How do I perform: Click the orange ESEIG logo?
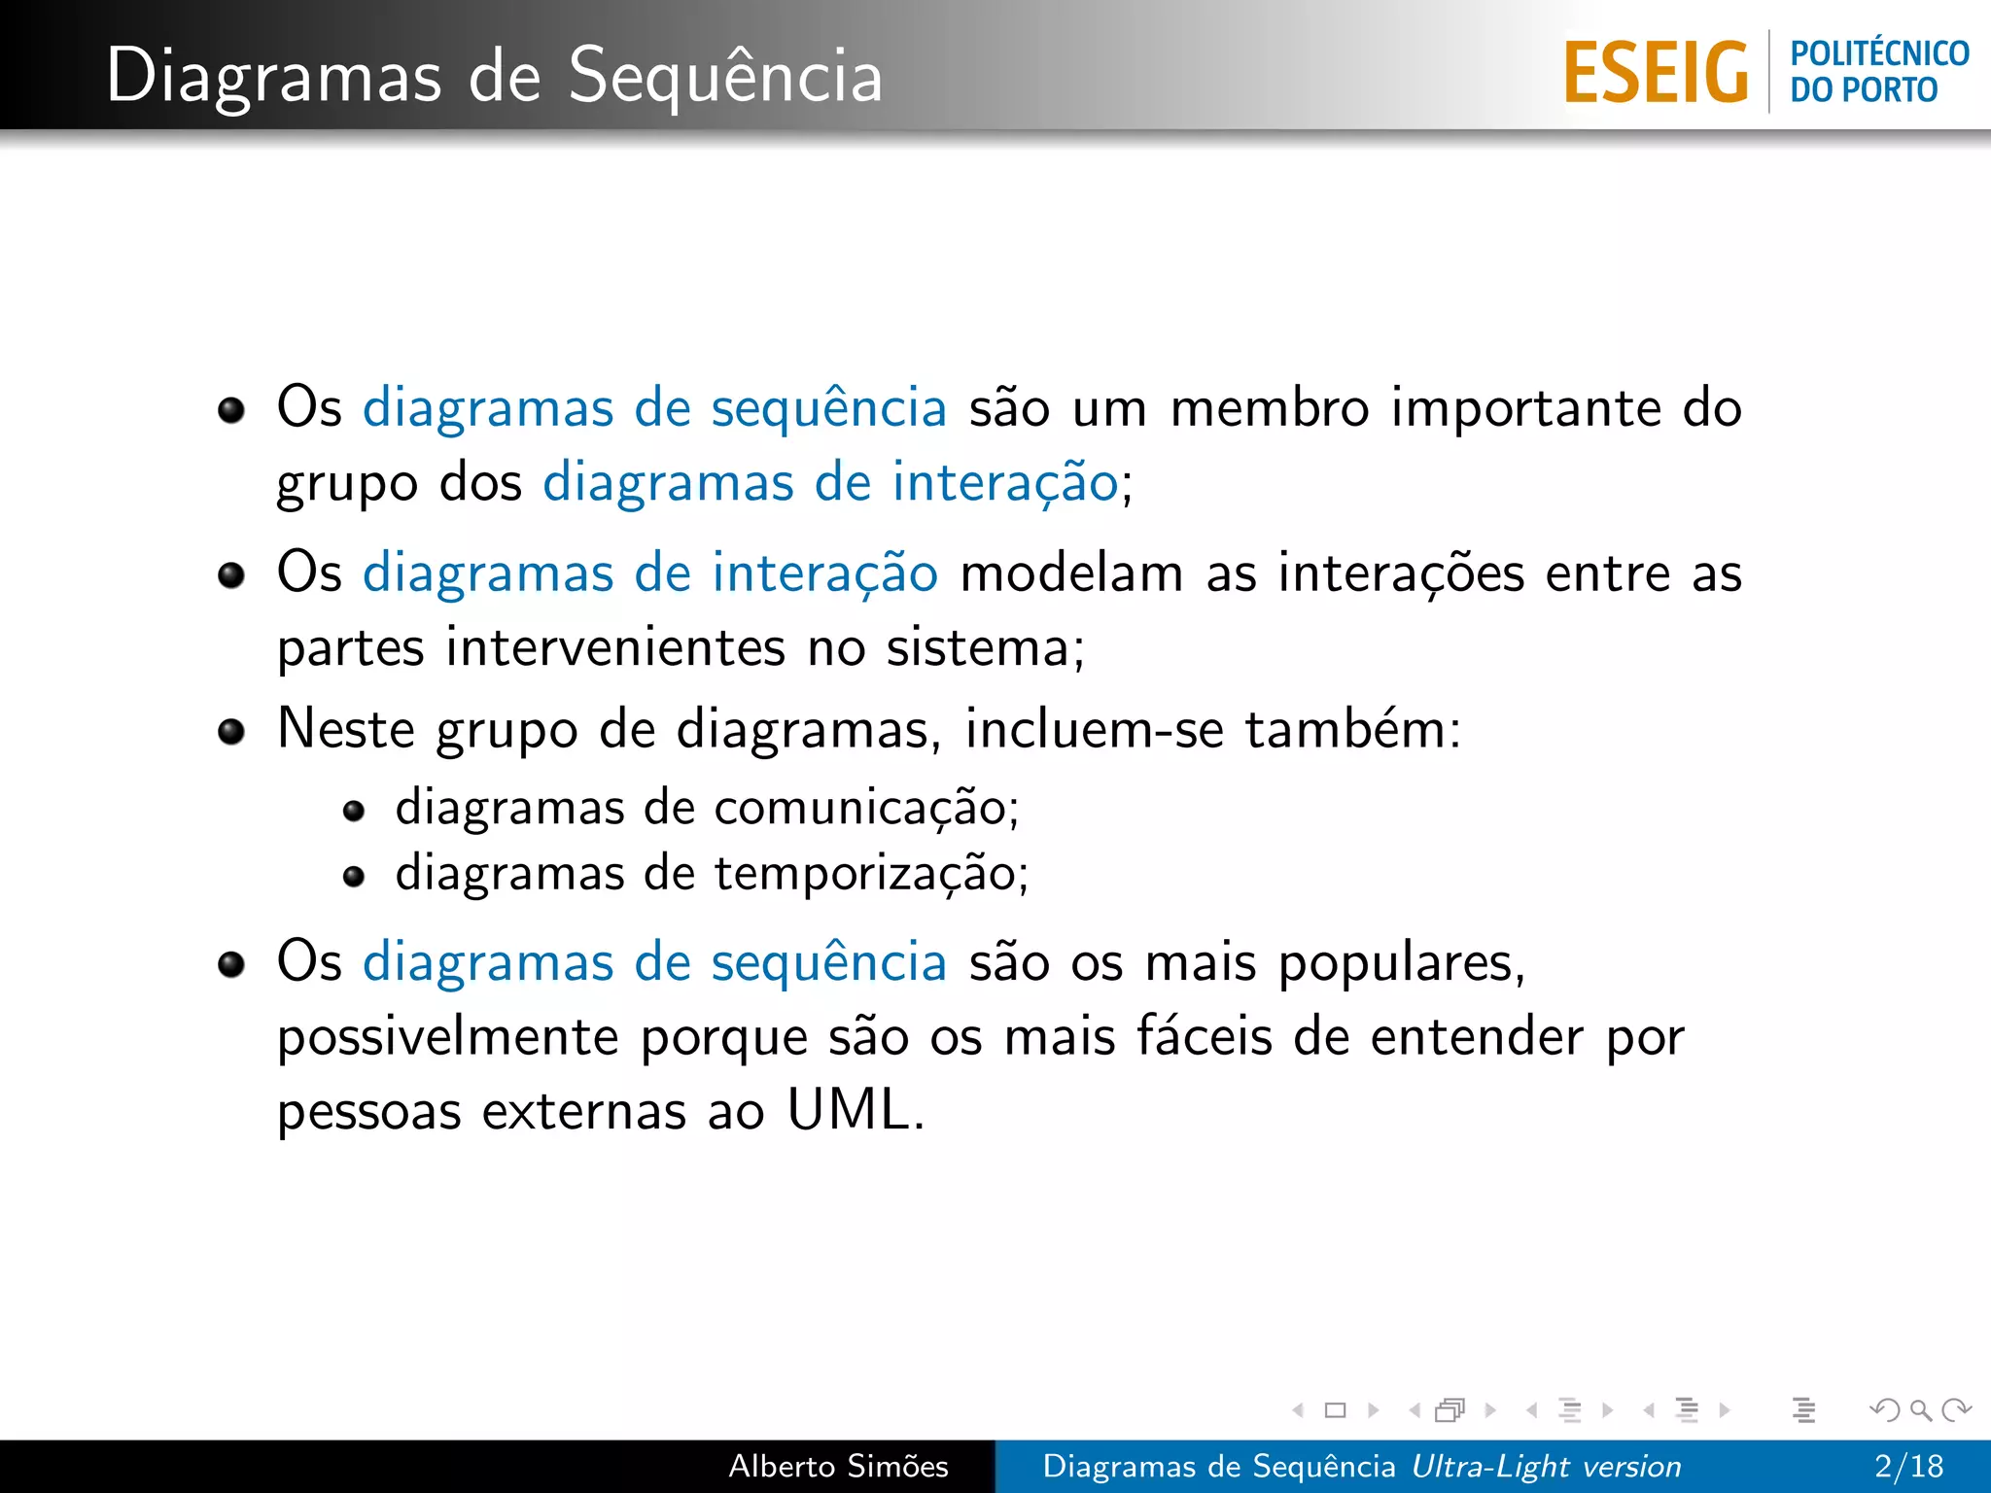[1656, 72]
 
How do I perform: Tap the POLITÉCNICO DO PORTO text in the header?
[1878, 72]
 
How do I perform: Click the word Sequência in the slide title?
[725, 76]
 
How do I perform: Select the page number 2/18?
[1908, 1466]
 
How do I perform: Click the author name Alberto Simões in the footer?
[838, 1466]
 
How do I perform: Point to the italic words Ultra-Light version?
[1546, 1466]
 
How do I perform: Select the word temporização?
[864, 873]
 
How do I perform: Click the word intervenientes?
[615, 647]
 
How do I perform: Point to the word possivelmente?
[448, 1038]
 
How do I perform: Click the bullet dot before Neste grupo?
[231, 731]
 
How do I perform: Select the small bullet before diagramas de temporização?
[354, 877]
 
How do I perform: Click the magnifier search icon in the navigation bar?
[1920, 1409]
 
